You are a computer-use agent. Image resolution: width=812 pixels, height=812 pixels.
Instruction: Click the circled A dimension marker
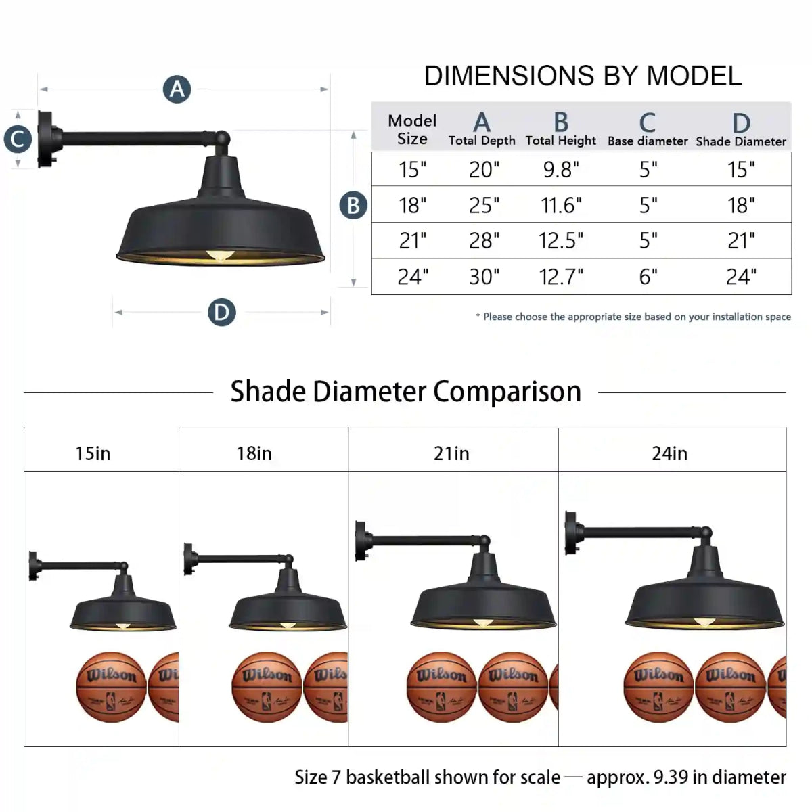tap(177, 89)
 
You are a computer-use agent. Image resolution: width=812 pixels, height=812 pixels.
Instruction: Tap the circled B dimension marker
tap(353, 205)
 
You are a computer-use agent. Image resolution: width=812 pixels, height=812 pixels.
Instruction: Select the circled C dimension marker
tap(18, 139)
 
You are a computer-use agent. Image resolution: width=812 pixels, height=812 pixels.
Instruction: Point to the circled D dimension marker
tap(222, 312)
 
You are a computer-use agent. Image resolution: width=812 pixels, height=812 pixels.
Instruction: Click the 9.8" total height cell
tap(561, 169)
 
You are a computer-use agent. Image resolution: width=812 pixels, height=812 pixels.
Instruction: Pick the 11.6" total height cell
tap(561, 205)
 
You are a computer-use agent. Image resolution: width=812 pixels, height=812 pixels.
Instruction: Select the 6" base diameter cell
tap(648, 277)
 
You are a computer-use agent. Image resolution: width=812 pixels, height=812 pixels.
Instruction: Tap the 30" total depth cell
tap(484, 277)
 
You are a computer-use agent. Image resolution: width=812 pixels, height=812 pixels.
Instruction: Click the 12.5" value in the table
tap(561, 241)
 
